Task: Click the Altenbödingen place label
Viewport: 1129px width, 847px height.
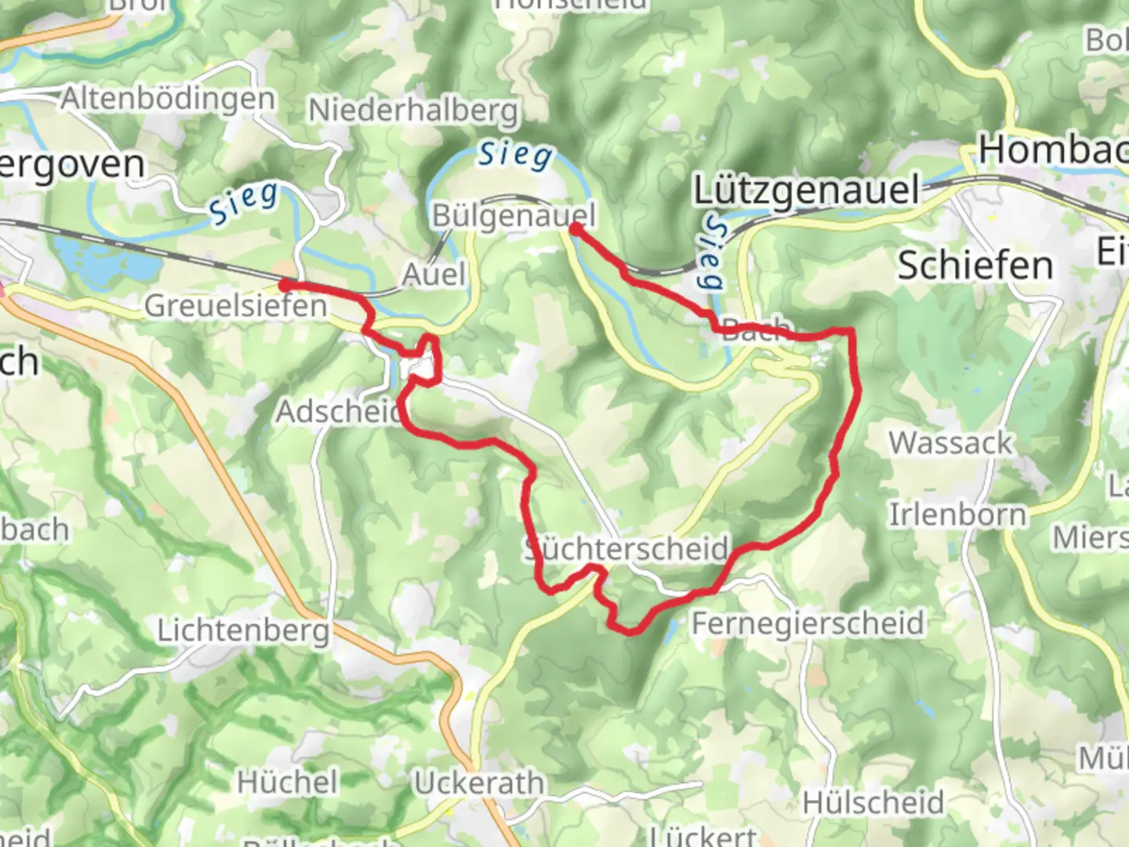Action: pos(168,99)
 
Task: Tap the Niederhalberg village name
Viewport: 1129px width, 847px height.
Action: pos(413,111)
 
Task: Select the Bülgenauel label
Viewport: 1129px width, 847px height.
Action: pos(514,216)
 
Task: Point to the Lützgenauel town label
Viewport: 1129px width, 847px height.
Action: pos(807,191)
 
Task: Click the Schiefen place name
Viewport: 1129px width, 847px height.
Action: pos(975,266)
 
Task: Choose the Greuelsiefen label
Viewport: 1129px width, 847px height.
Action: pos(235,305)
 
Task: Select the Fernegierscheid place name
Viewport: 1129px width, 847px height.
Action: pos(808,623)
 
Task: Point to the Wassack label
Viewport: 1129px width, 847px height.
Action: pos(950,443)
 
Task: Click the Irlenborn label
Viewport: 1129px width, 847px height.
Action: pos(957,515)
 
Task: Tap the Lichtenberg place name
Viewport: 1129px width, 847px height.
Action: pos(243,631)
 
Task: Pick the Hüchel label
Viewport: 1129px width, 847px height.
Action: pos(288,782)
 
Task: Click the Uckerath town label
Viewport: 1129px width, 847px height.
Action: pos(478,783)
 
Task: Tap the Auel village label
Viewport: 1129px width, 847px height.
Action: pos(434,274)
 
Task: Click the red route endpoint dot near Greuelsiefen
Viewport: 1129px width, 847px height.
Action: pos(286,284)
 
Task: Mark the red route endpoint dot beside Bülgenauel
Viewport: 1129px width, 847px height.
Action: pos(575,229)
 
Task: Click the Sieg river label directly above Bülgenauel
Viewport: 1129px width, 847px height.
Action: pos(515,154)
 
